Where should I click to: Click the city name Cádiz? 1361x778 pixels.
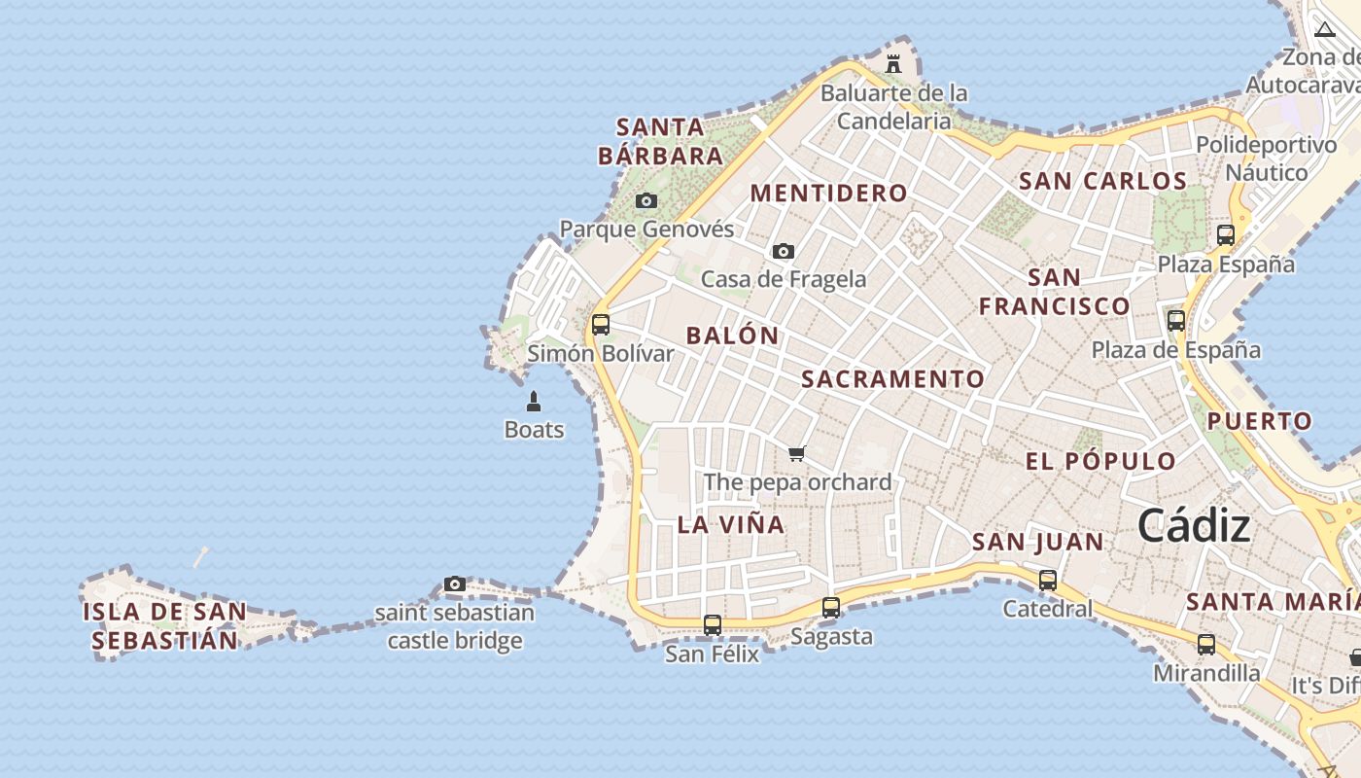(1194, 526)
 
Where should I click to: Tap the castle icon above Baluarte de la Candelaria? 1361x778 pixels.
(893, 64)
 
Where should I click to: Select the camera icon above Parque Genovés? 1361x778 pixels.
(646, 201)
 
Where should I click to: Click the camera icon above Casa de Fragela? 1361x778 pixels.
(784, 251)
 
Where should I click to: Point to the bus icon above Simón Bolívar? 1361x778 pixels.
(601, 324)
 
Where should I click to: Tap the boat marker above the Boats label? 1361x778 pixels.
(534, 401)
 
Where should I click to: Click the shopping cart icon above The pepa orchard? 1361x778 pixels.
(797, 453)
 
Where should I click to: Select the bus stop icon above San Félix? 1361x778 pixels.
(713, 624)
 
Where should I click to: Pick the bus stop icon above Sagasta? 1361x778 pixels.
(831, 607)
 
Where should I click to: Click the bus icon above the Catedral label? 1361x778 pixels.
(1048, 580)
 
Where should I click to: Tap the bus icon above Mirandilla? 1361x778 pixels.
(1206, 644)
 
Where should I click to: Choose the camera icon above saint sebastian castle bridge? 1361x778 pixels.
(455, 583)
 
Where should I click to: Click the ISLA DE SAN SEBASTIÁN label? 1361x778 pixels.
(164, 626)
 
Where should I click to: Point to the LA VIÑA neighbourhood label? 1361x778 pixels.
(730, 524)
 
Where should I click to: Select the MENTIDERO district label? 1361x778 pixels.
(828, 193)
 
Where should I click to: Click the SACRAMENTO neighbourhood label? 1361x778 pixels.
(892, 379)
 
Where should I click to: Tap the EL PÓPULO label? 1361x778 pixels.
(1100, 461)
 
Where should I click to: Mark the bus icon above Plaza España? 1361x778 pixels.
(1226, 234)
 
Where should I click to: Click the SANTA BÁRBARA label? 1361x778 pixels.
(660, 141)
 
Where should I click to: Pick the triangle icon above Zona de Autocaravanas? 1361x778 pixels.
(1325, 29)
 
